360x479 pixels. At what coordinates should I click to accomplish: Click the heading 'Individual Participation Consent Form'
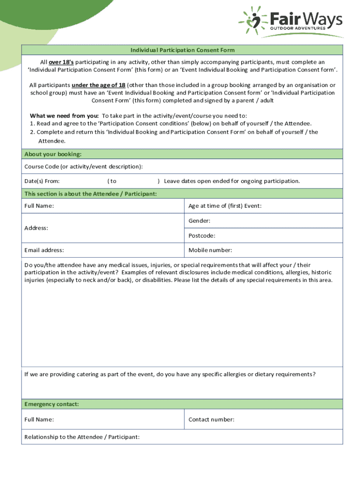[x=182, y=50]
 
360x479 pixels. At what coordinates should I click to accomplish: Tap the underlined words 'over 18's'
[x=61, y=62]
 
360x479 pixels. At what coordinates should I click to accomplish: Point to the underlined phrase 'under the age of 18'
[x=98, y=85]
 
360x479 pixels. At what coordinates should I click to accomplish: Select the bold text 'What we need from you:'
[x=64, y=116]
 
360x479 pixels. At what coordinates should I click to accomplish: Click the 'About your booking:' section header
[x=53, y=154]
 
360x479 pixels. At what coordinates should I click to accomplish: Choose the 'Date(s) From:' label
[x=42, y=181]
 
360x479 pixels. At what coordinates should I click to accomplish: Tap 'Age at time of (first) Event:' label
[x=225, y=206]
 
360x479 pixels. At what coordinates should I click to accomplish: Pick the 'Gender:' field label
[x=199, y=221]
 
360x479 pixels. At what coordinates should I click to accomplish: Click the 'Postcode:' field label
[x=202, y=236]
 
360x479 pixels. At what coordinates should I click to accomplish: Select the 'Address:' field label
[x=36, y=228]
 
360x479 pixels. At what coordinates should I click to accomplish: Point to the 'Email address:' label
[x=44, y=250]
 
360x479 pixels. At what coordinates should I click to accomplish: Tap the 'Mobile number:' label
[x=210, y=250]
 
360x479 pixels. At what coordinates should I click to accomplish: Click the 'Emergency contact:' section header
[x=51, y=404]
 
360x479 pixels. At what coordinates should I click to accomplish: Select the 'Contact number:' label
[x=211, y=420]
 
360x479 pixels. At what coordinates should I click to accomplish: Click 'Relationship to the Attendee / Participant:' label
[x=82, y=437]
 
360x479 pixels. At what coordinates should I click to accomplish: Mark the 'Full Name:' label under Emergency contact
[x=39, y=420]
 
